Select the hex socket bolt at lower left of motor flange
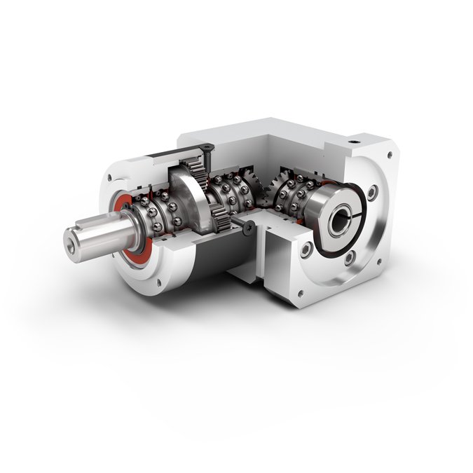[x=306, y=250]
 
